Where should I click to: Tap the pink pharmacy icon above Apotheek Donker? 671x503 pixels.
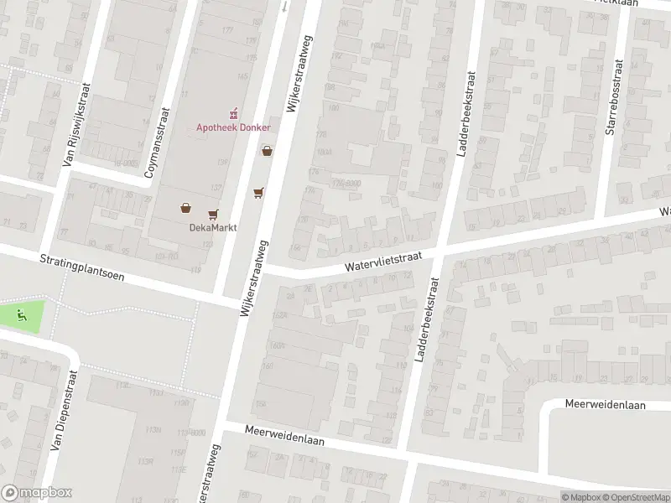tap(233, 112)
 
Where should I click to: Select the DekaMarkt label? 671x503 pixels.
tap(206, 227)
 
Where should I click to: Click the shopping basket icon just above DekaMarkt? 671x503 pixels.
tap(185, 208)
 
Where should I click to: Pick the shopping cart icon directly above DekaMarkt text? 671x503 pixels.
tap(213, 215)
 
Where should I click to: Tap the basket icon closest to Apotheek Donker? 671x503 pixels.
tap(267, 152)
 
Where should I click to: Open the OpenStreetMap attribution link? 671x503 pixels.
tap(633, 497)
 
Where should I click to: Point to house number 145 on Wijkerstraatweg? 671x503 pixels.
tap(242, 77)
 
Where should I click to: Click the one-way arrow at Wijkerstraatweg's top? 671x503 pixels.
tap(283, 7)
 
